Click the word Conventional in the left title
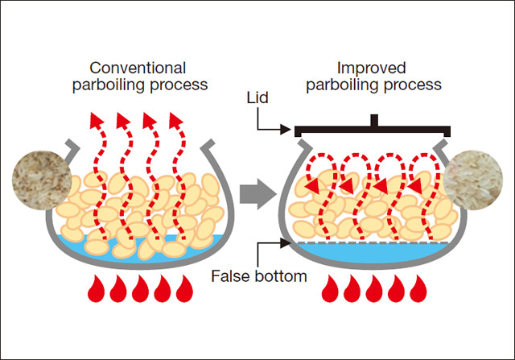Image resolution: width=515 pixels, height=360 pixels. click(x=138, y=68)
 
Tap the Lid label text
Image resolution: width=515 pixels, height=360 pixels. click(x=260, y=97)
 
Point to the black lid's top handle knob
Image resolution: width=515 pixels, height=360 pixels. click(x=373, y=121)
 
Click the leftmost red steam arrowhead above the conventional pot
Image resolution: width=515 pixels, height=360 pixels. click(x=96, y=122)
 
